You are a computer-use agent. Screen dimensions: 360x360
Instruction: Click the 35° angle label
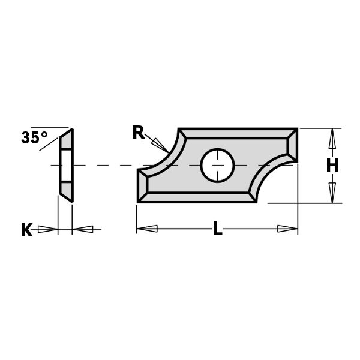click(x=34, y=138)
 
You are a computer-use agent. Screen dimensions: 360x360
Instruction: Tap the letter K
click(x=26, y=230)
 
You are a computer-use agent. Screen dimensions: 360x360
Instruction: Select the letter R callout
click(x=139, y=133)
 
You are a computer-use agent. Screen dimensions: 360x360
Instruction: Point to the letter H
click(x=332, y=166)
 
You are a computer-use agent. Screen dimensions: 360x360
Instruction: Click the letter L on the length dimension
click(x=217, y=229)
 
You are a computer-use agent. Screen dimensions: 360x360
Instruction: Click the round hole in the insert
click(x=217, y=165)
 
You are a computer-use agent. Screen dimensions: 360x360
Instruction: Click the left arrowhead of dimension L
click(x=148, y=229)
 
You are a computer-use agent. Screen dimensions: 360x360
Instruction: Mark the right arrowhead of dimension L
click(x=287, y=229)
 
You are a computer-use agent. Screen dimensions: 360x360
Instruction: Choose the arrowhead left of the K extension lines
click(x=47, y=229)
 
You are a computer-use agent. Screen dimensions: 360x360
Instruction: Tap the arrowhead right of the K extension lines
click(x=83, y=229)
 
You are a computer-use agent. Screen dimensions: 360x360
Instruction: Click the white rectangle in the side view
click(x=66, y=165)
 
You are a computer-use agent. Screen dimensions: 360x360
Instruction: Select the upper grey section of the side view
click(x=67, y=140)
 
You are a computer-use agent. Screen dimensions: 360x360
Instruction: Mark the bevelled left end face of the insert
click(x=143, y=185)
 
